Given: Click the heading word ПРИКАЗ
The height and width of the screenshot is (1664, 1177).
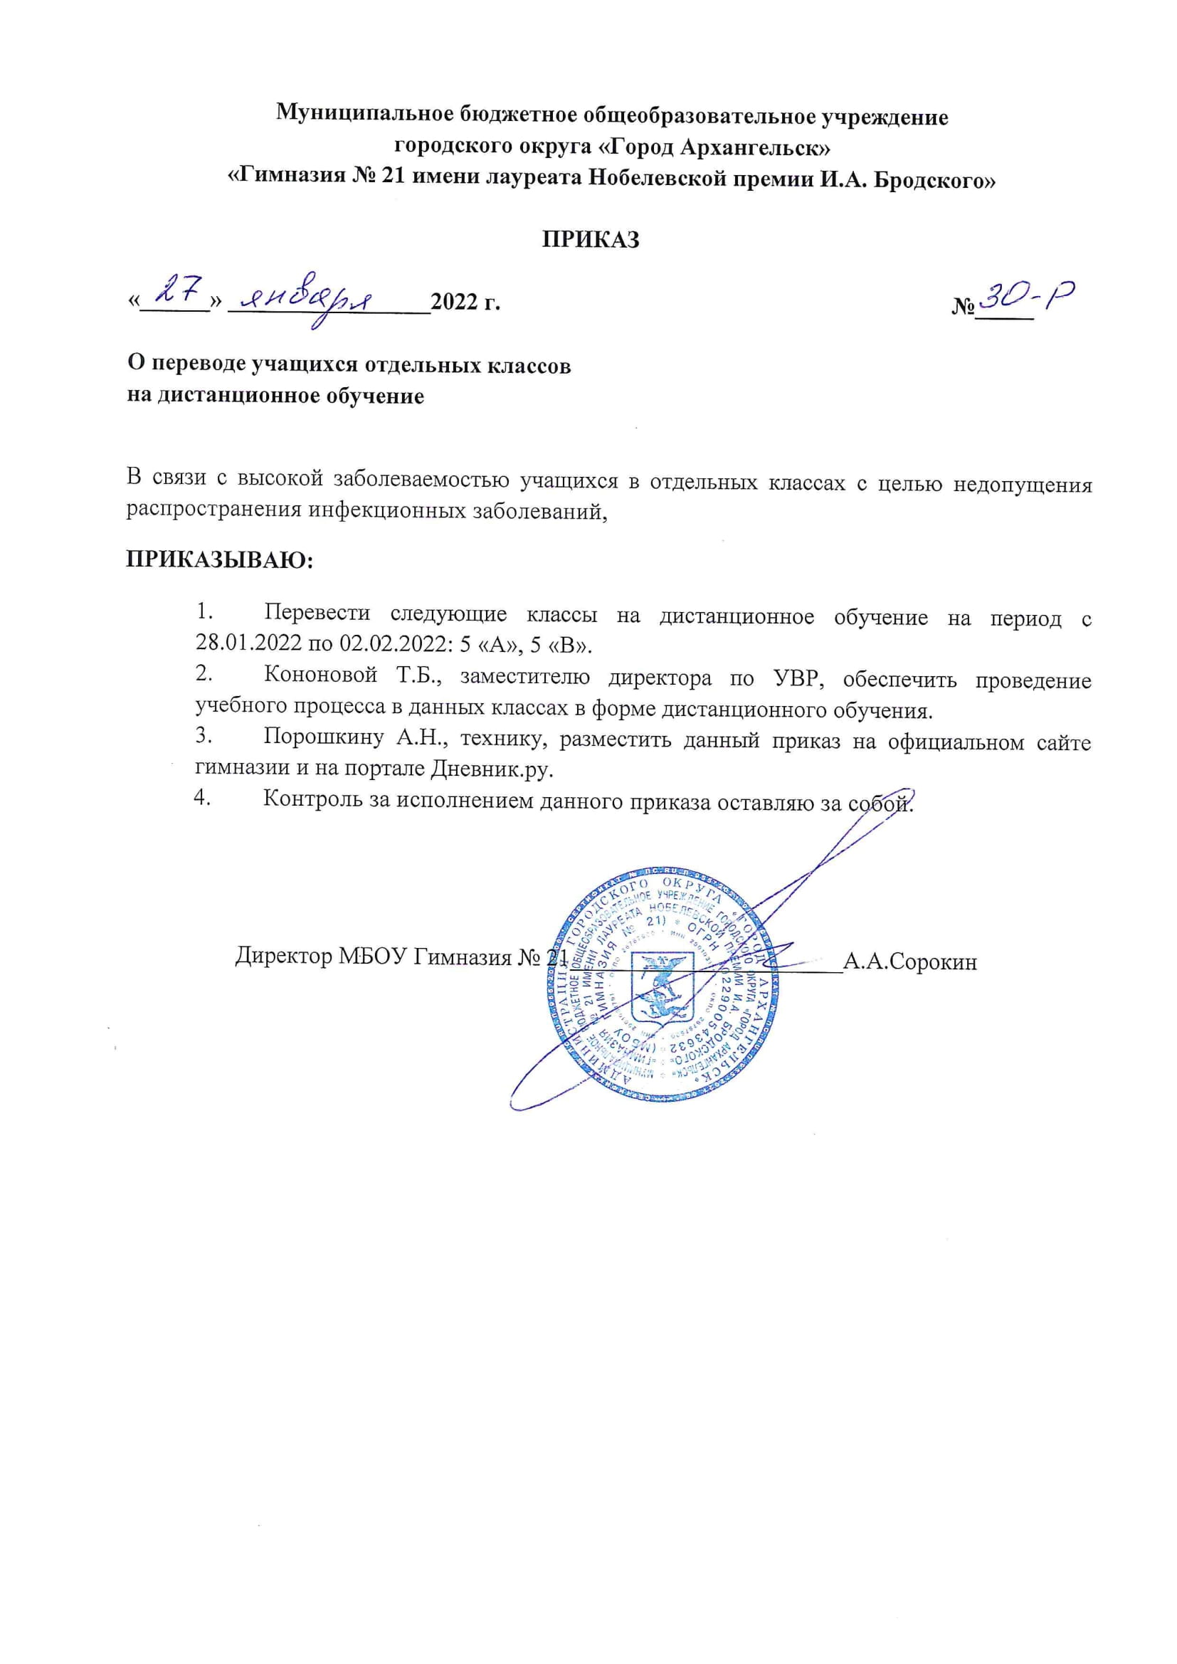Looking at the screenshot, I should (591, 240).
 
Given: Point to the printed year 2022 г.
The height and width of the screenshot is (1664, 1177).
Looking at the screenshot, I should (465, 302).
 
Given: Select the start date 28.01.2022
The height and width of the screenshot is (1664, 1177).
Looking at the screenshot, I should (241, 644).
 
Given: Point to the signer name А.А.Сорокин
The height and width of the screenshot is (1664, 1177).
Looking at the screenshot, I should (910, 962).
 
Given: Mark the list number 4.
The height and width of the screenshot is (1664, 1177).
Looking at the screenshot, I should (202, 798).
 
